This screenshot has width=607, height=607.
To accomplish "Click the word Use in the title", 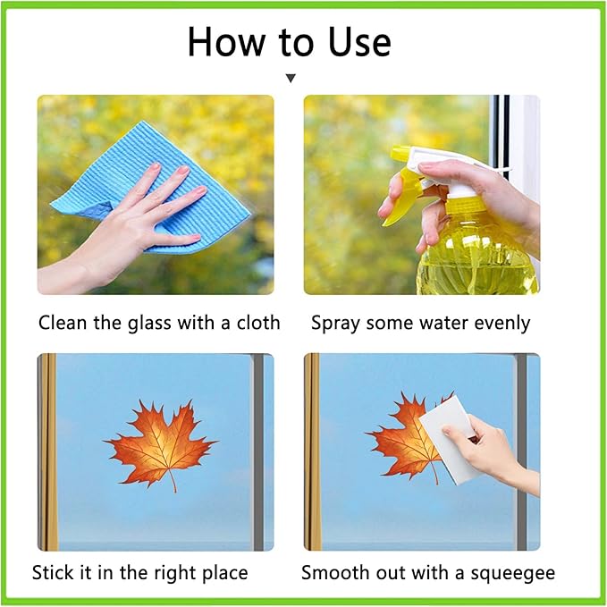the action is click(x=359, y=42).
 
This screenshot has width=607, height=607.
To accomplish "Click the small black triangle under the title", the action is click(x=291, y=78).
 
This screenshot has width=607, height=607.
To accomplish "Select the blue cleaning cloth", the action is click(x=151, y=186).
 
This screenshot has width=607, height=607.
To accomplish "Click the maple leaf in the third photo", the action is click(x=159, y=445).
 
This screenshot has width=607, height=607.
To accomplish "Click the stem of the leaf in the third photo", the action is click(x=173, y=482).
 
